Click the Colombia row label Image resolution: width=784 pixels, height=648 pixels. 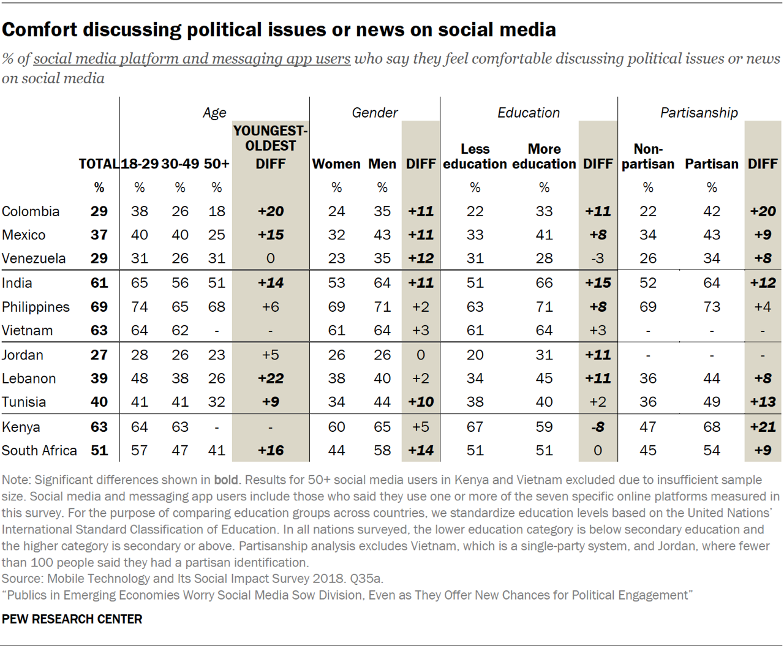(31, 211)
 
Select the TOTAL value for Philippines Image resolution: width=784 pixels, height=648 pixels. (99, 307)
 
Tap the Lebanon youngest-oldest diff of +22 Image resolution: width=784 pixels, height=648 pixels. (270, 379)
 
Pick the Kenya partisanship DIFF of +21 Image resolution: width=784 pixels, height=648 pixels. (763, 427)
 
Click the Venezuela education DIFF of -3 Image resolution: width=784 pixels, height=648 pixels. (597, 258)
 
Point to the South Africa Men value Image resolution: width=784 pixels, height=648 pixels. (382, 451)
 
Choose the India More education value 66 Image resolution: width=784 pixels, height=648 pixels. (544, 283)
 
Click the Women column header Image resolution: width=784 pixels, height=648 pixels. (336, 164)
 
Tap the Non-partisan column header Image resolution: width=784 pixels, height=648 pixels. (648, 157)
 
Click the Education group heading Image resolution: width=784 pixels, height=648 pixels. (529, 113)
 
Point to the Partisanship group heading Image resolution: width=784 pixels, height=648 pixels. (699, 113)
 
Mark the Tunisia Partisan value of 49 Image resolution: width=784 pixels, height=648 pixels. (712, 402)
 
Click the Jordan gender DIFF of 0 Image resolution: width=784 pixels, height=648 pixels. (420, 355)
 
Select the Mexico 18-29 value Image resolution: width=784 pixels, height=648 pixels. (140, 235)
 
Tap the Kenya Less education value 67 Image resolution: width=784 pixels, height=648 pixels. (475, 427)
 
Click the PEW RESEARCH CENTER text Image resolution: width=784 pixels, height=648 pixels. (72, 619)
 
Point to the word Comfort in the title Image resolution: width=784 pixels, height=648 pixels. (40, 29)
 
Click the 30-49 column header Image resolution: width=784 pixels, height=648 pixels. (180, 164)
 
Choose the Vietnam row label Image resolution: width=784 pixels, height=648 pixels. (27, 331)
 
